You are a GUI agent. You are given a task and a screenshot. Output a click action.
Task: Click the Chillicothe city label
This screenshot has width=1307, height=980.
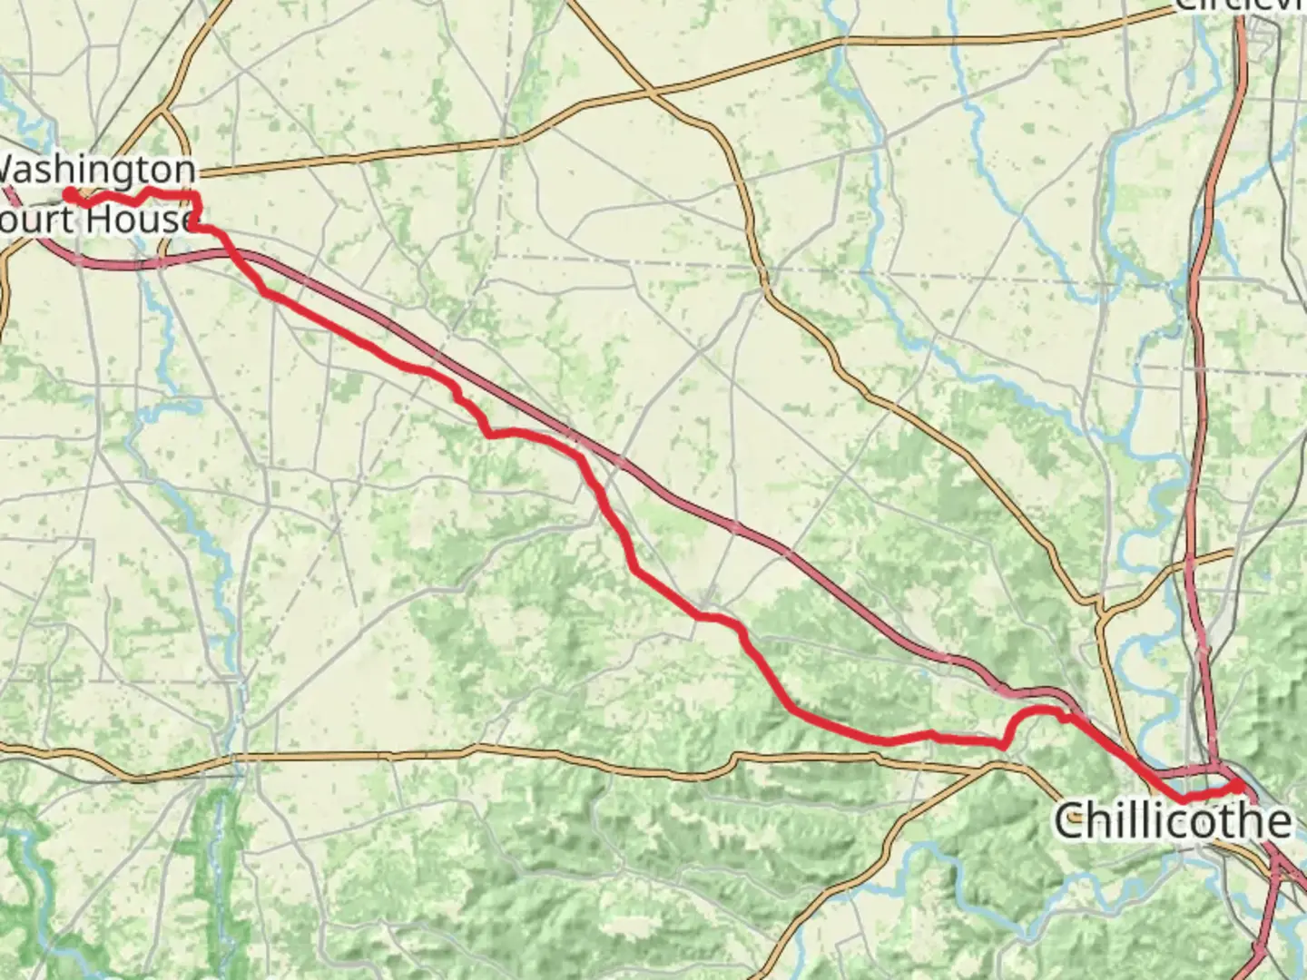pyautogui.click(x=1172, y=821)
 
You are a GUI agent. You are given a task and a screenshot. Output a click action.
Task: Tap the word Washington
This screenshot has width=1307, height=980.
pyautogui.click(x=96, y=170)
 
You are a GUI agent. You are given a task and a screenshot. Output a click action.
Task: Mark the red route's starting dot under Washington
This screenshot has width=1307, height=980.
pyautogui.click(x=69, y=193)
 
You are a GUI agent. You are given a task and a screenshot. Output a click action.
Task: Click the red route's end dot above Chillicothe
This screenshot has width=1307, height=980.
pyautogui.click(x=1236, y=783)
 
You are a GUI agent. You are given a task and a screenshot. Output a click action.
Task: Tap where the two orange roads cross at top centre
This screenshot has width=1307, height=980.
pyautogui.click(x=650, y=93)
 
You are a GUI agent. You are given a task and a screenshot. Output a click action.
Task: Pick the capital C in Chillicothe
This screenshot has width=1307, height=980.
pyautogui.click(x=1070, y=821)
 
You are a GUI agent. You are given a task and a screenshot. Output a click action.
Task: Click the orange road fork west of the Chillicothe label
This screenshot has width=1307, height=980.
pyautogui.click(x=998, y=765)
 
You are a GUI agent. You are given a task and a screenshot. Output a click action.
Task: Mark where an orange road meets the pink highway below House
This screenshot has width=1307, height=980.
pyautogui.click(x=162, y=260)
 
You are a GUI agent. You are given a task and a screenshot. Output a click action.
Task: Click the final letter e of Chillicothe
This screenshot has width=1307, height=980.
pyautogui.click(x=1277, y=823)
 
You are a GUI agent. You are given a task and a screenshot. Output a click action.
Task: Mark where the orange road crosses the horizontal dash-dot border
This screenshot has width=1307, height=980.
pyautogui.click(x=764, y=271)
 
